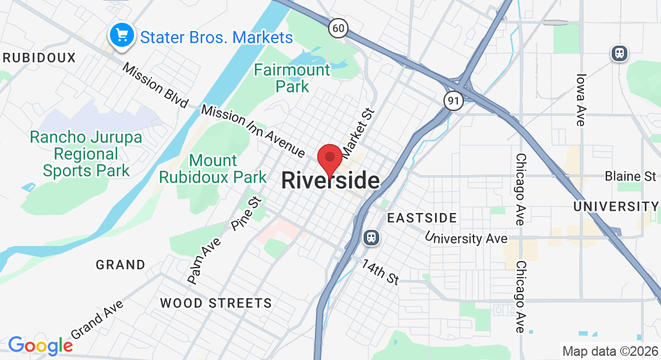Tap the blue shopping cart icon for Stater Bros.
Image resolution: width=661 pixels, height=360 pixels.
122,35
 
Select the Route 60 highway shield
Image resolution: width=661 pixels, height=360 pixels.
338,27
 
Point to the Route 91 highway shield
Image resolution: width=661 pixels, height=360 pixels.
454,101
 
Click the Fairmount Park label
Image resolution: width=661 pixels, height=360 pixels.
292,78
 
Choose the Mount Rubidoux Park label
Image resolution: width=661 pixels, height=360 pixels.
212,169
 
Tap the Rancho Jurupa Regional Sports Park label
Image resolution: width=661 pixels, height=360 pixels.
87,154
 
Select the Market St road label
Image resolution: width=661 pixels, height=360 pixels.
358,130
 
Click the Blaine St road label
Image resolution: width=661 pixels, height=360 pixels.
630,176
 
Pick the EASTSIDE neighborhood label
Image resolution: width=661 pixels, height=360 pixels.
422,218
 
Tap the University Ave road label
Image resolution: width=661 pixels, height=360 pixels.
466,238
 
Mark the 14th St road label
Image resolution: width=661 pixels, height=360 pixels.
380,271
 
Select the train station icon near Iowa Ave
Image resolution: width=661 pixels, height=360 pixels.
620,53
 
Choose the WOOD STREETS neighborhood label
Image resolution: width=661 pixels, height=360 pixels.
216,303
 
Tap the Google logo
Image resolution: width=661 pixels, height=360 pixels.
40,345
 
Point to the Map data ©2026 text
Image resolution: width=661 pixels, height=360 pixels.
609,351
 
